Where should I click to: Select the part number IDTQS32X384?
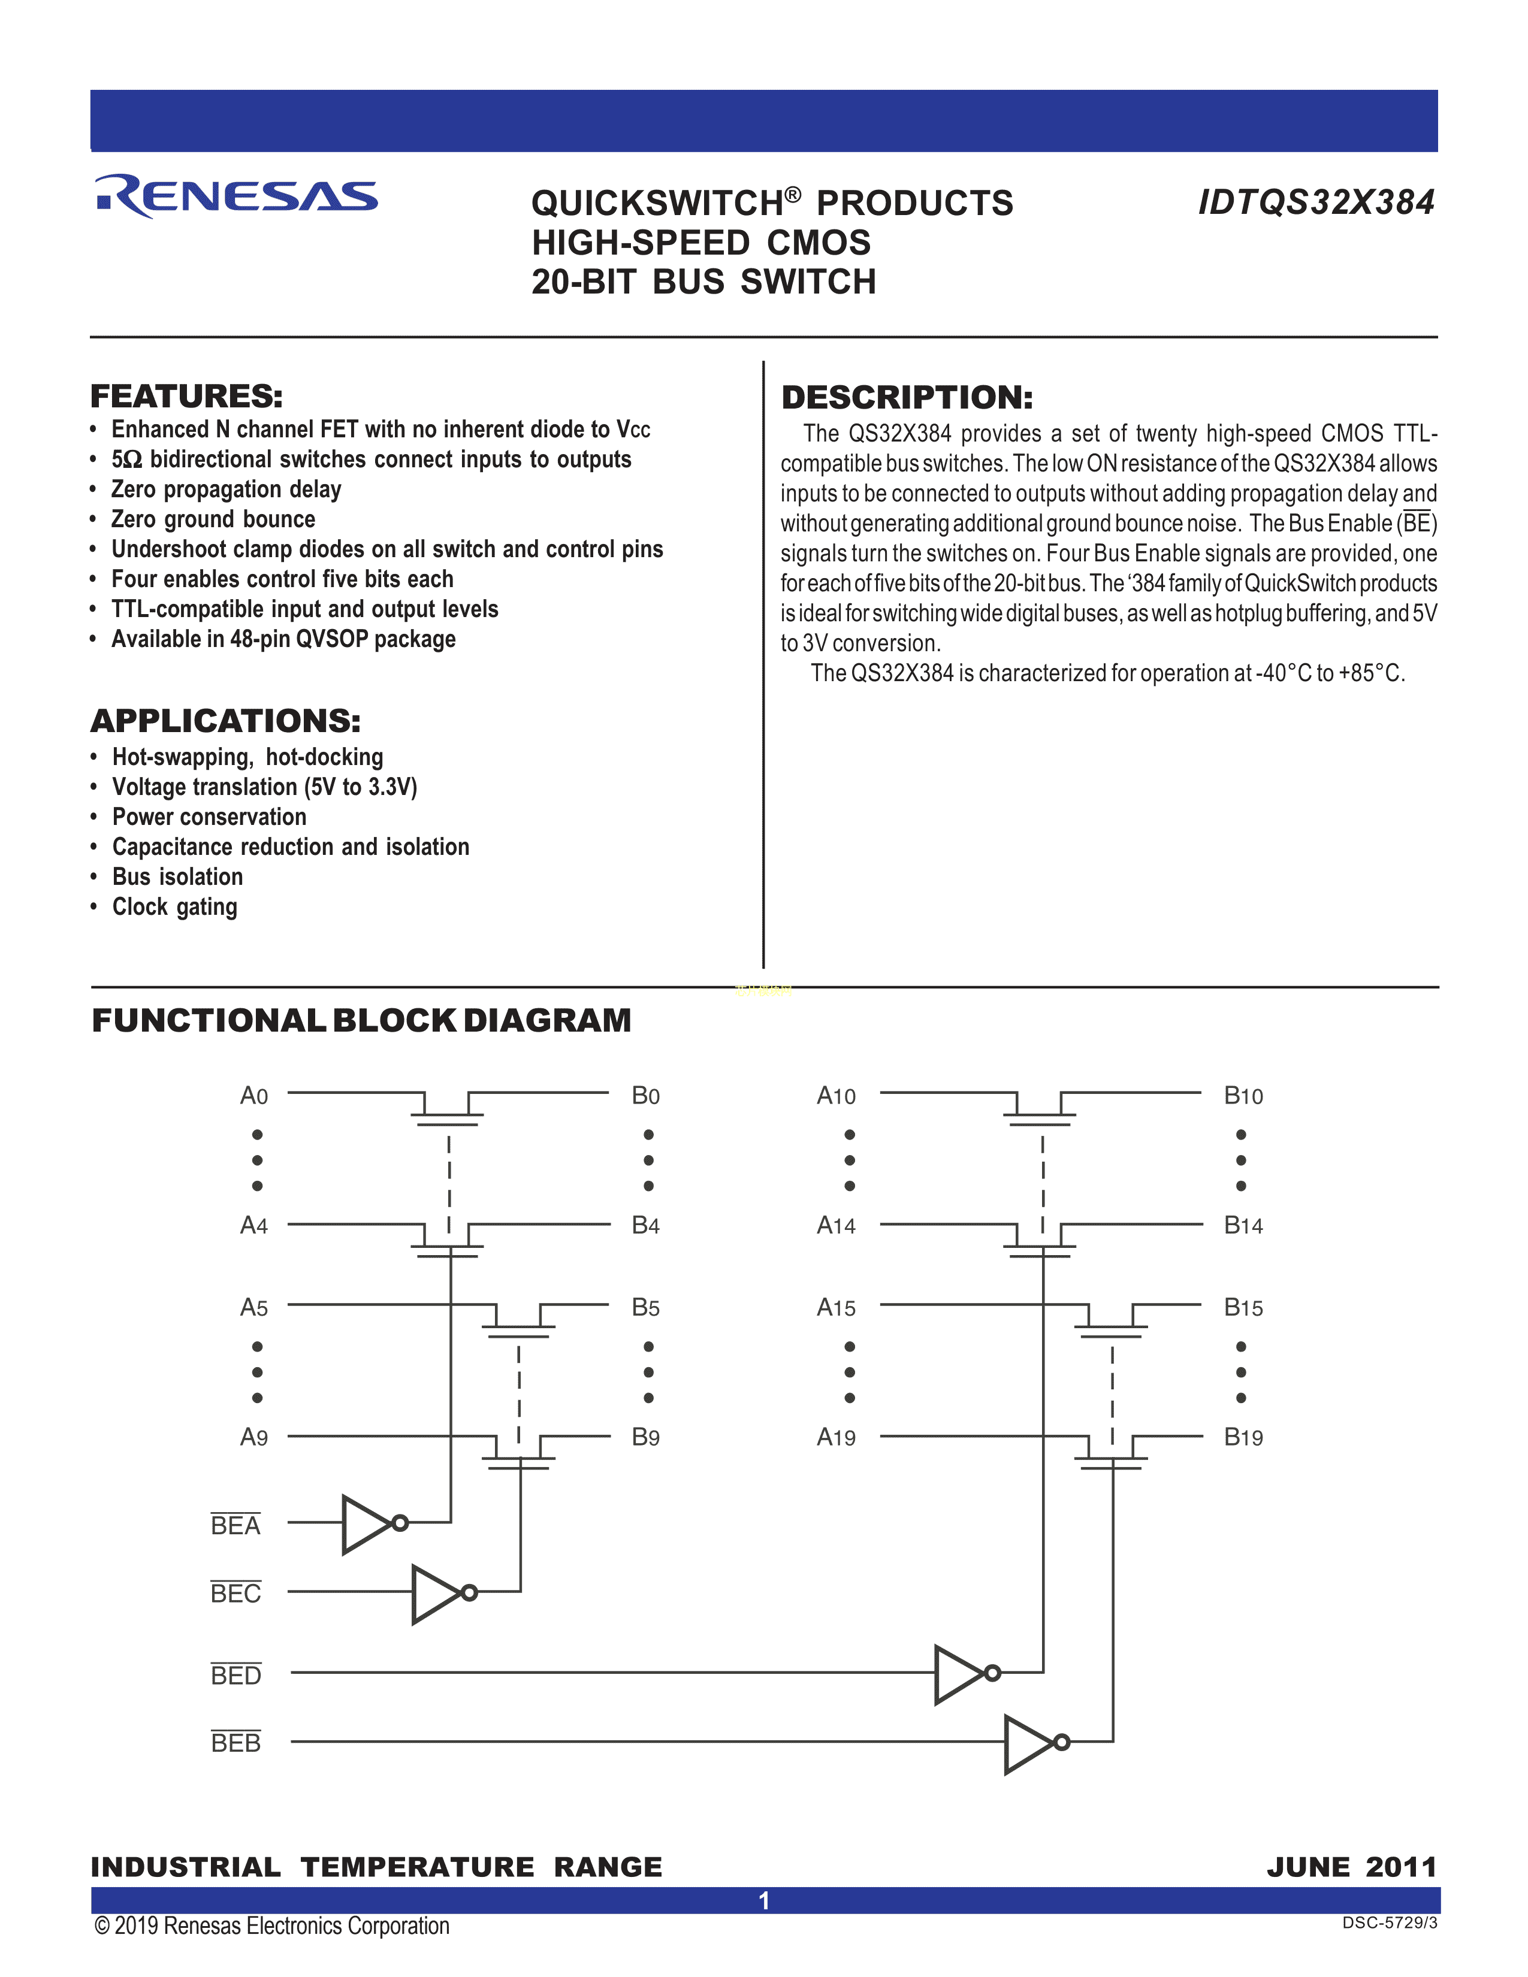coord(1316,202)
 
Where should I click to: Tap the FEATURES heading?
coord(186,397)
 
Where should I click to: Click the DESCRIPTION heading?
coord(907,397)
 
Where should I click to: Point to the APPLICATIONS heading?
coord(225,721)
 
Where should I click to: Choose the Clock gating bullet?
coord(175,907)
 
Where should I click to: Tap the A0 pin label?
coord(254,1096)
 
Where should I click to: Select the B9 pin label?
coord(645,1437)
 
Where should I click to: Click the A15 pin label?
coord(835,1308)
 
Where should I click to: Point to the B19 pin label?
coord(1243,1437)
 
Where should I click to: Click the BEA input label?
coord(235,1526)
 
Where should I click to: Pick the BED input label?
coord(235,1676)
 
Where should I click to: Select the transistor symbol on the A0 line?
coord(447,1110)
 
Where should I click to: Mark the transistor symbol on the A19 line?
coord(1111,1451)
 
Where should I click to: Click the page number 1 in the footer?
coord(764,1901)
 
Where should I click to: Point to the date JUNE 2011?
coord(1351,1867)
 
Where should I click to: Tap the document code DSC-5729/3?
coord(1390,1922)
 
